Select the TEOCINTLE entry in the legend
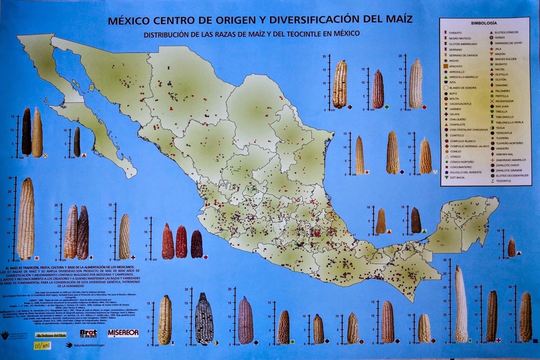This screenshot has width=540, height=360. (504, 181)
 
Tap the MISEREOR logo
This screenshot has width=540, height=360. (123, 333)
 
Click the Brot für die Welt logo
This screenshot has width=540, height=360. (88, 333)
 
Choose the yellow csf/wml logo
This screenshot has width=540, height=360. (42, 345)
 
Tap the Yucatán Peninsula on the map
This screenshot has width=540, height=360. (465, 220)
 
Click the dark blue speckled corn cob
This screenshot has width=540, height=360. (203, 318)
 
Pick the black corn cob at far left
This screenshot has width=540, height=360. (26, 131)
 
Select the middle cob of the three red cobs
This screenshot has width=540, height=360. (181, 242)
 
